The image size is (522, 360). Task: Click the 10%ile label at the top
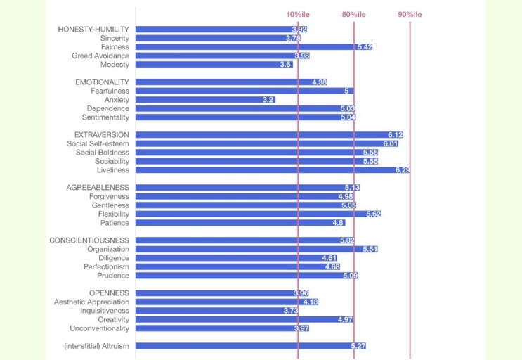[297, 15]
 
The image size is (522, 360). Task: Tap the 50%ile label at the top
[353, 15]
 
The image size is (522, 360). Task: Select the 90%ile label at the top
[410, 15]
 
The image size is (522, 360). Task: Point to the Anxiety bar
[204, 100]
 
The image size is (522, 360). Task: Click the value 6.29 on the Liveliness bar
[403, 170]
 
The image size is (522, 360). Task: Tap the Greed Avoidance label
[100, 56]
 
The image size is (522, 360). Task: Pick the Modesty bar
[214, 65]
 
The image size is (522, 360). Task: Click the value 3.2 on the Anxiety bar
[268, 100]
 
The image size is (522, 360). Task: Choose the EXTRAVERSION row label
[102, 134]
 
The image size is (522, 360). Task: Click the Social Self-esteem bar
[267, 143]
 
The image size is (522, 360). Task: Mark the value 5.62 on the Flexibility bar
[373, 214]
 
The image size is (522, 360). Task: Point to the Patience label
[115, 223]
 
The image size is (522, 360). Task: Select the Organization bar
[256, 249]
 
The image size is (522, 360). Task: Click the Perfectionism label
[106, 266]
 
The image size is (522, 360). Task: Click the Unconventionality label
[100, 328]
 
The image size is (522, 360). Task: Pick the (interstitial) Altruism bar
[251, 346]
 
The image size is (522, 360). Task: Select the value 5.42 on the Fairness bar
[365, 47]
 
